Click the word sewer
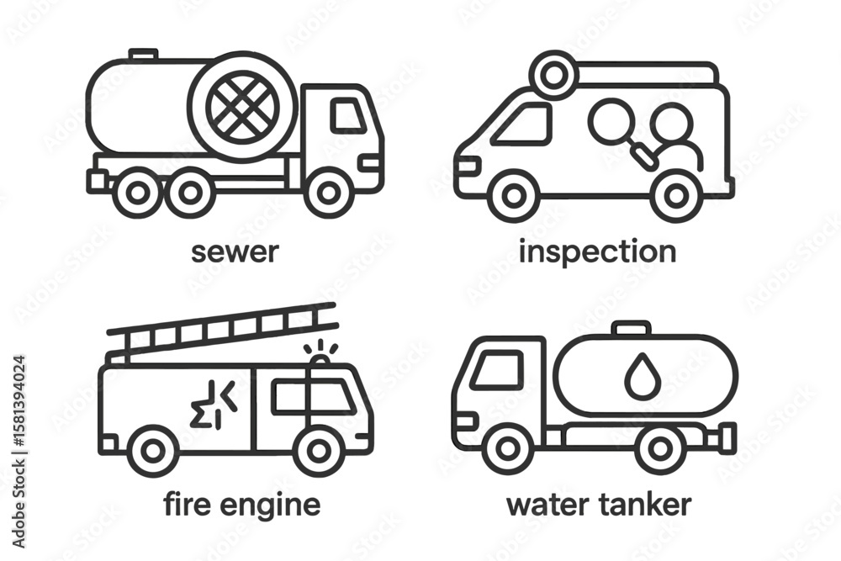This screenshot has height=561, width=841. pos(235,252)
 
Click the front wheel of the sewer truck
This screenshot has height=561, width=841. pos(328,193)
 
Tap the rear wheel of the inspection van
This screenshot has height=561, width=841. pos(676,196)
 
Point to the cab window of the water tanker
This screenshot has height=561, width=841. pos(496,370)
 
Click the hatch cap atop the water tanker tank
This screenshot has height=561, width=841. pos(632,328)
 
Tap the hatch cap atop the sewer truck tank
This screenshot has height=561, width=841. pos(143,55)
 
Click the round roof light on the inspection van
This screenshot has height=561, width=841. pos(553,76)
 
